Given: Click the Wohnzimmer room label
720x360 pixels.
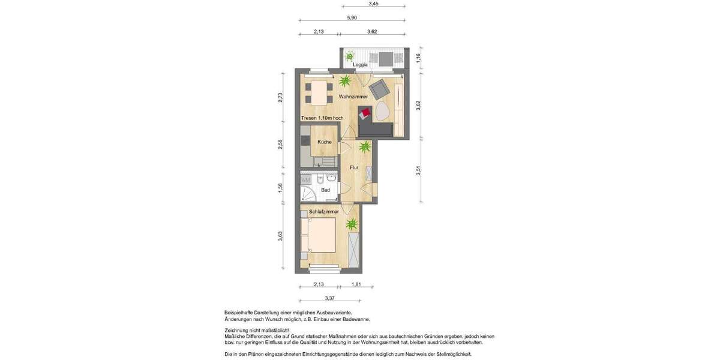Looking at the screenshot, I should pos(353,97).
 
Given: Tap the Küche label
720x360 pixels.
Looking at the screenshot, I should pos(324,142).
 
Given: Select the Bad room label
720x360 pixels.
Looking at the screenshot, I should pos(326,190).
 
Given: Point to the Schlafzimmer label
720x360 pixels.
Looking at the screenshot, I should pos(324,212).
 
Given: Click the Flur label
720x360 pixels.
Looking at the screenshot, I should pos(354,167).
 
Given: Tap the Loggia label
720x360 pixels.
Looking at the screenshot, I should pos(360,64).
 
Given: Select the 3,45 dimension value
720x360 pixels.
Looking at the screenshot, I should pos(373,4).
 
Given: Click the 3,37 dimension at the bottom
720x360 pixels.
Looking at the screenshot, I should pos(329,298).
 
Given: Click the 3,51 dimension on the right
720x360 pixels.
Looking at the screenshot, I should pos(418,171).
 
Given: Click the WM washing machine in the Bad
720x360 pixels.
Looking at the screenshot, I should pos(305,179).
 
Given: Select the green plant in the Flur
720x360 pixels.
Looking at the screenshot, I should pos(364,146).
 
